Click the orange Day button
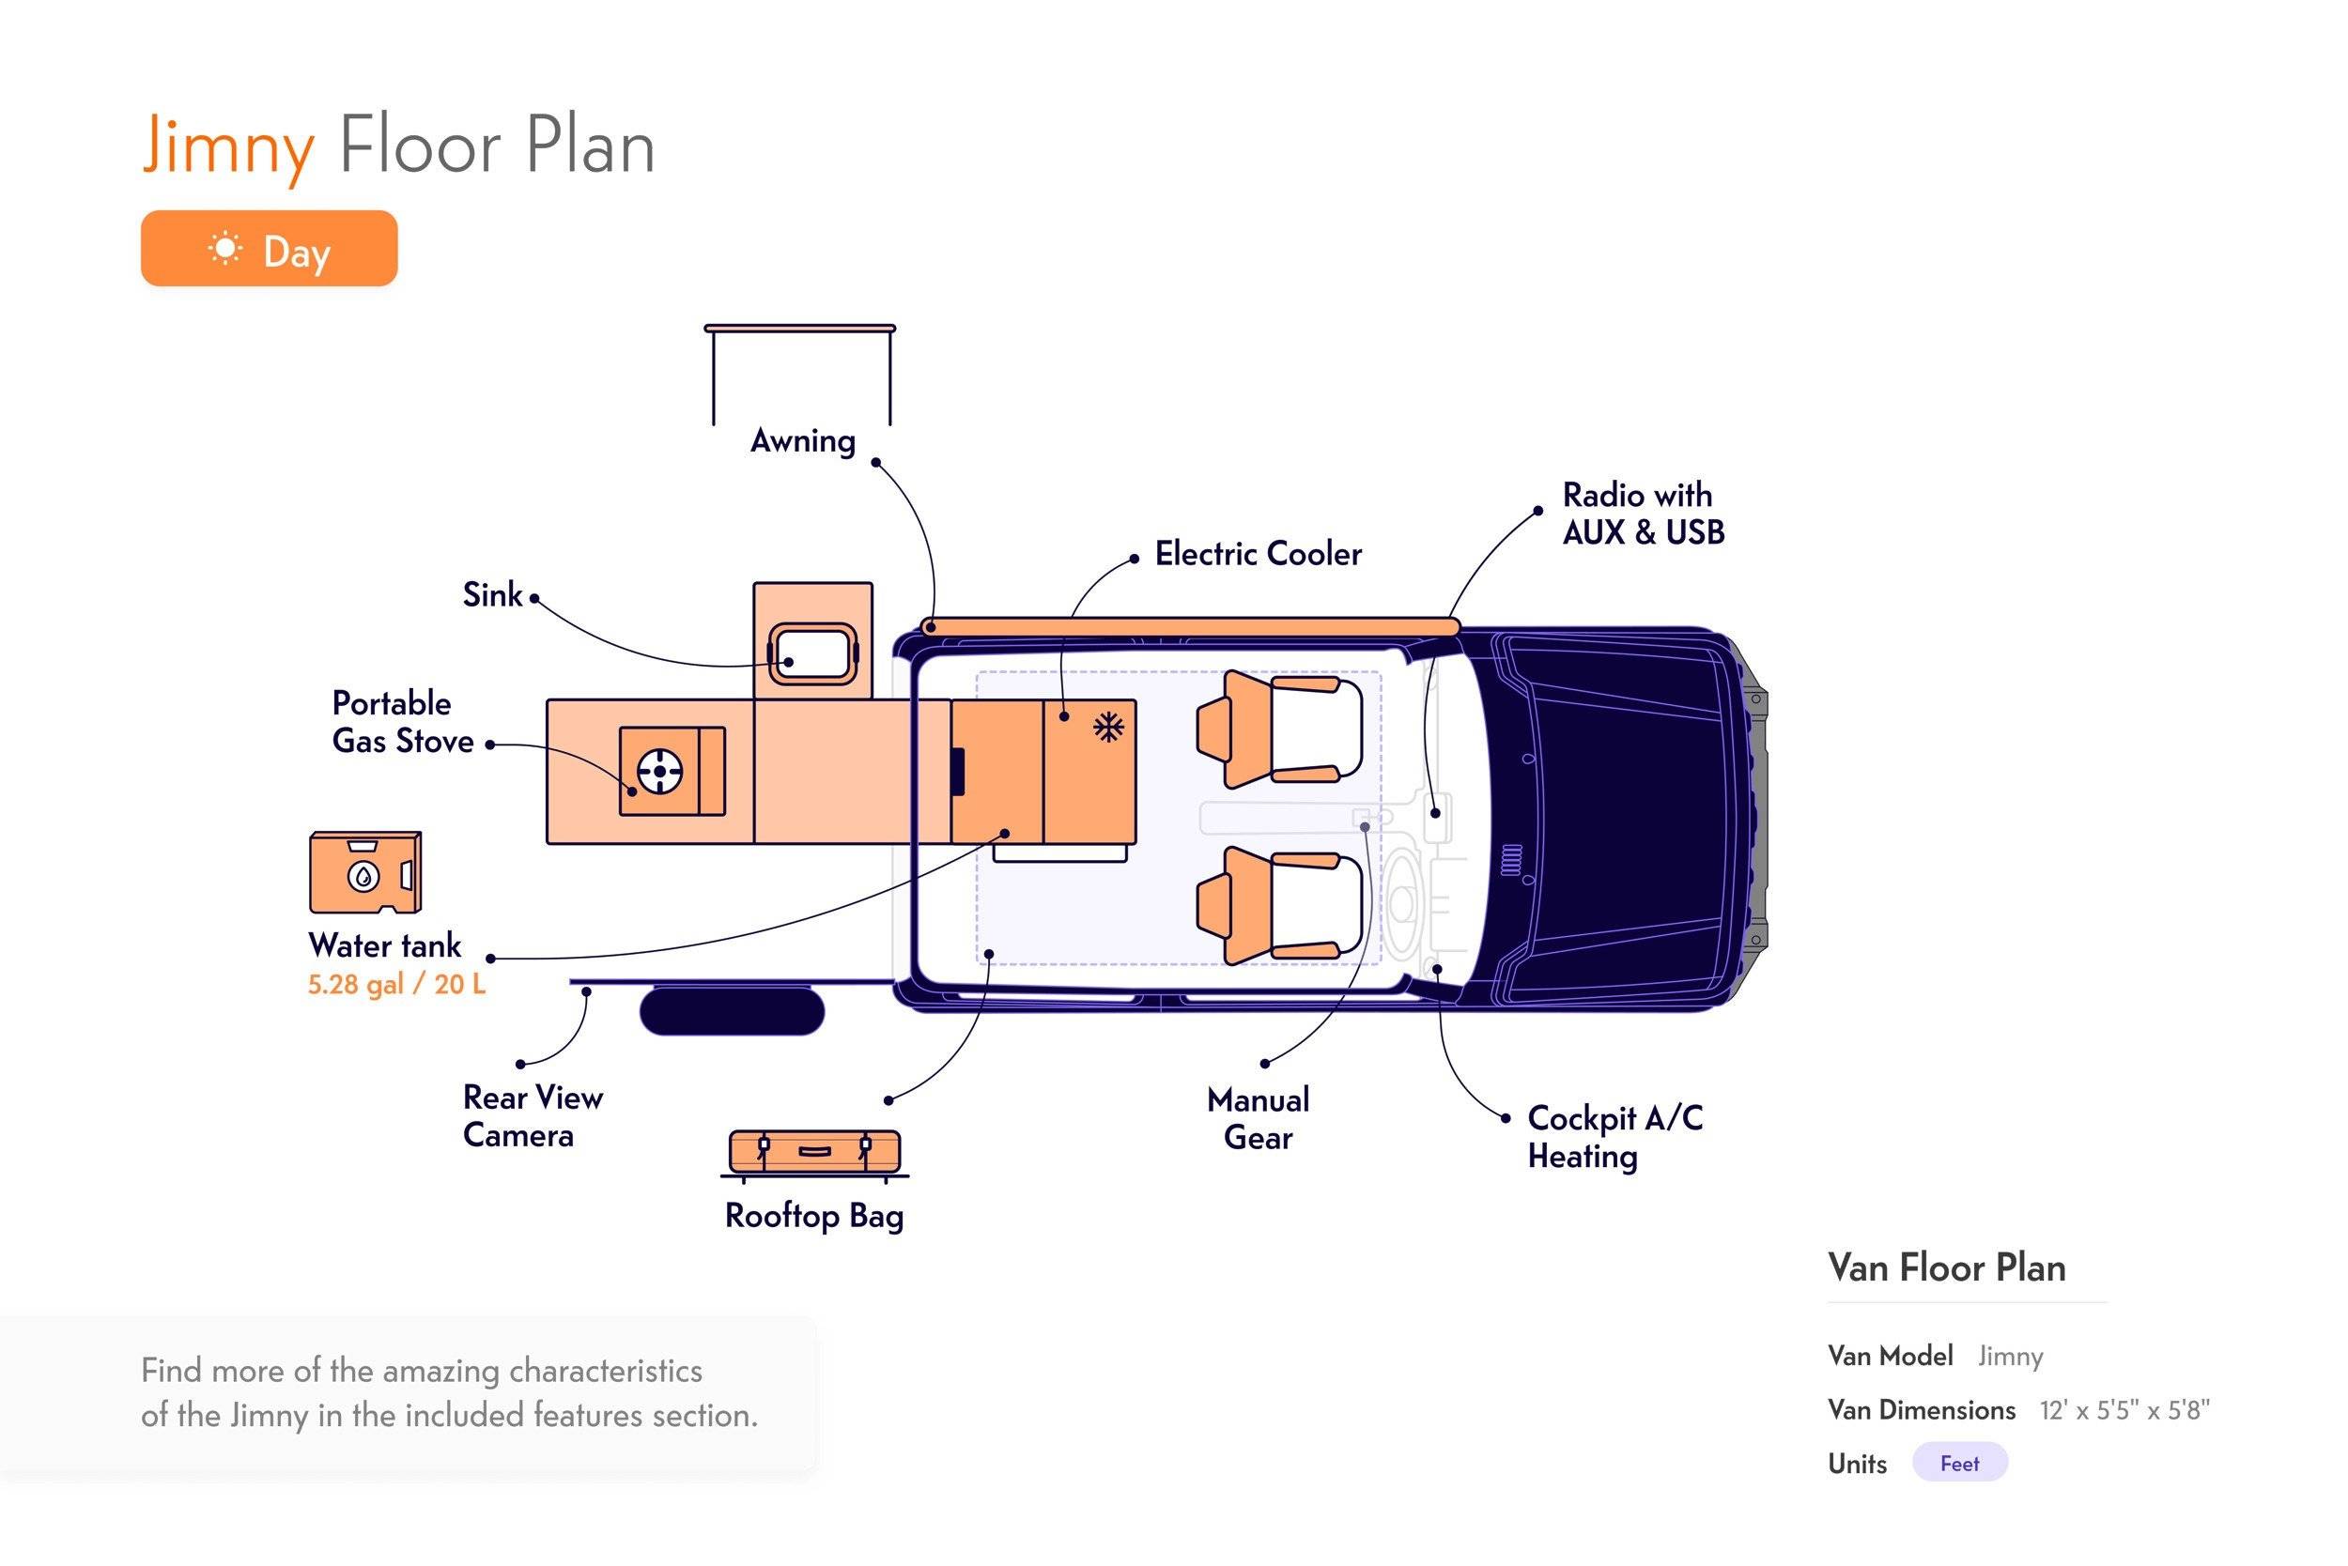(x=269, y=249)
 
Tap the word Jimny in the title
(x=229, y=146)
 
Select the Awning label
(x=802, y=441)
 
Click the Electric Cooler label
(x=1258, y=553)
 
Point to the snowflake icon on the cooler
(x=1107, y=727)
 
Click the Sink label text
(x=491, y=595)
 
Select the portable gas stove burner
(x=659, y=771)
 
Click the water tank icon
(x=364, y=873)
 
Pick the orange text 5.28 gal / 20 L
(x=396, y=985)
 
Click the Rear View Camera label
(x=533, y=1116)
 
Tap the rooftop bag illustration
(x=814, y=1153)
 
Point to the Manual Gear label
(x=1258, y=1118)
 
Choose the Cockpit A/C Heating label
(x=1614, y=1137)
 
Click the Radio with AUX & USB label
(x=1644, y=514)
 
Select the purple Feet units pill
(x=1959, y=1463)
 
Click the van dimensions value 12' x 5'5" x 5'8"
(x=2124, y=1410)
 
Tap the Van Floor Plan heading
(x=1946, y=1267)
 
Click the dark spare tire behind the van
(x=733, y=1011)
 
